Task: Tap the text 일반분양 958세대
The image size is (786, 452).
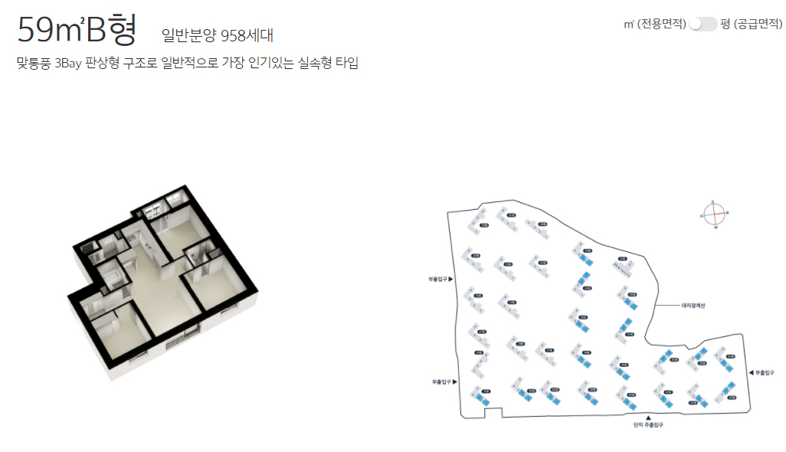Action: [218, 35]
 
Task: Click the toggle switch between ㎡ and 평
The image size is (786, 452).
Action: [702, 25]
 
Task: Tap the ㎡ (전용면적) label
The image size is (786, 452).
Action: [655, 25]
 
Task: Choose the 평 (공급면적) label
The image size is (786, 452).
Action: [752, 25]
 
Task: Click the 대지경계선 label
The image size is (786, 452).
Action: [693, 305]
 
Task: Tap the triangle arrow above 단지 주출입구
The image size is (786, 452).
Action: [647, 417]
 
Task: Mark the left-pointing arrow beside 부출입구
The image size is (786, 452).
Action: [750, 372]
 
